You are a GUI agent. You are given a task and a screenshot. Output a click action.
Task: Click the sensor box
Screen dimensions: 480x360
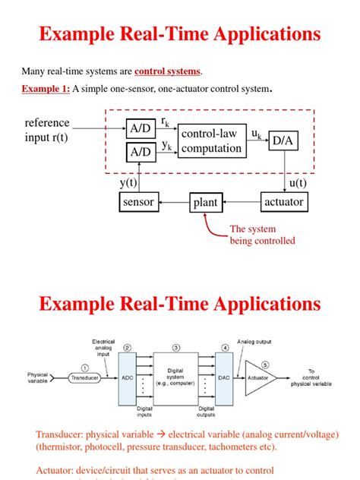click(138, 203)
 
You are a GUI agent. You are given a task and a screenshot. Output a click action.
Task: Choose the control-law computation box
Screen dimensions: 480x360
click(210, 141)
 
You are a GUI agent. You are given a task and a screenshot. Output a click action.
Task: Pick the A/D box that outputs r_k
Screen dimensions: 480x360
click(139, 128)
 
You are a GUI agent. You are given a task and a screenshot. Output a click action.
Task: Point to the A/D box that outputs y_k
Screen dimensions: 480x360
click(139, 153)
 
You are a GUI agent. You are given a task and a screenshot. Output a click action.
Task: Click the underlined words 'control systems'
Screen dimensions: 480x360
click(168, 71)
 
